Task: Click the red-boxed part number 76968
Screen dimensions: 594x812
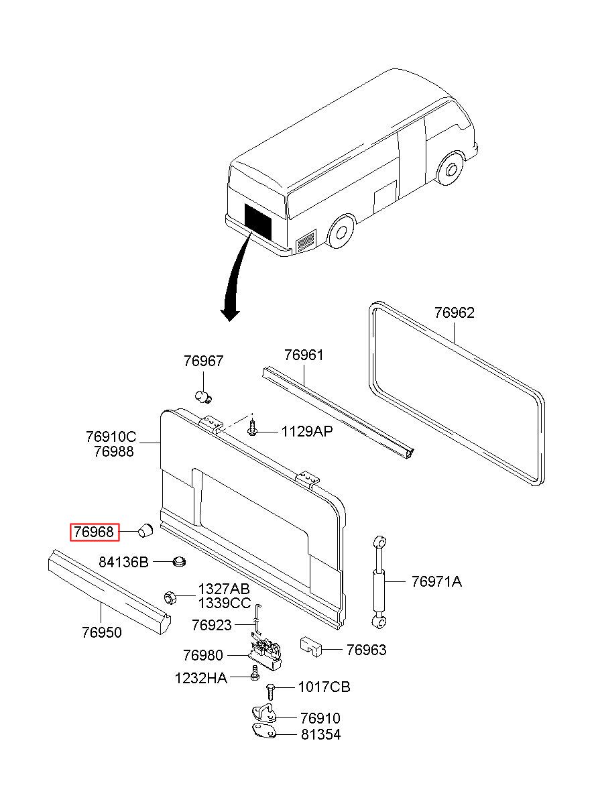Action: [x=95, y=532]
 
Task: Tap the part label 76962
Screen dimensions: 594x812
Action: [x=454, y=312]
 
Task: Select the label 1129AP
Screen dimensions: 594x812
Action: [x=306, y=431]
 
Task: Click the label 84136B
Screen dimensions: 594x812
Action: [x=123, y=562]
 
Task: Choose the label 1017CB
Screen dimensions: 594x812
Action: [x=324, y=687]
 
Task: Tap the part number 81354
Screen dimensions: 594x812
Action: [x=320, y=734]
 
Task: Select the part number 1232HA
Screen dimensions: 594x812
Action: [x=200, y=678]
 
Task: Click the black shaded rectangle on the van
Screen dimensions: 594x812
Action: [x=257, y=221]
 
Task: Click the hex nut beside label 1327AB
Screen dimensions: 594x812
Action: [x=170, y=596]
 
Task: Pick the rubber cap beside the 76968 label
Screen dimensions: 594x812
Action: [x=145, y=532]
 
